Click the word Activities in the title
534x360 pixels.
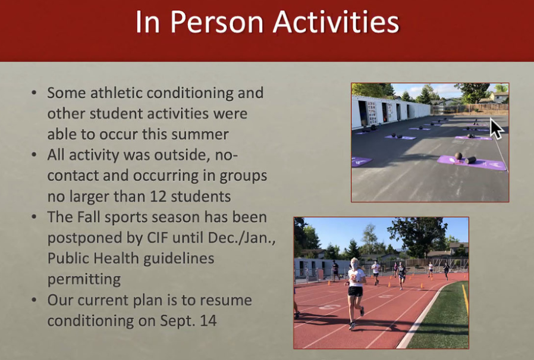pyautogui.click(x=336, y=22)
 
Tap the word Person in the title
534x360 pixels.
pyautogui.click(x=217, y=22)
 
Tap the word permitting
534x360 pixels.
pyautogui.click(x=84, y=280)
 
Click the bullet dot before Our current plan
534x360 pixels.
pyautogui.click(x=34, y=300)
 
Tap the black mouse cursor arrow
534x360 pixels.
pyautogui.click(x=497, y=128)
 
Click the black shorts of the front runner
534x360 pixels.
pyautogui.click(x=355, y=291)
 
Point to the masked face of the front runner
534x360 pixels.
pyautogui.click(x=355, y=265)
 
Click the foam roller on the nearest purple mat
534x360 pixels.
pyautogui.click(x=470, y=160)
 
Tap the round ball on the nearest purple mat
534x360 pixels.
pyautogui.click(x=458, y=156)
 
